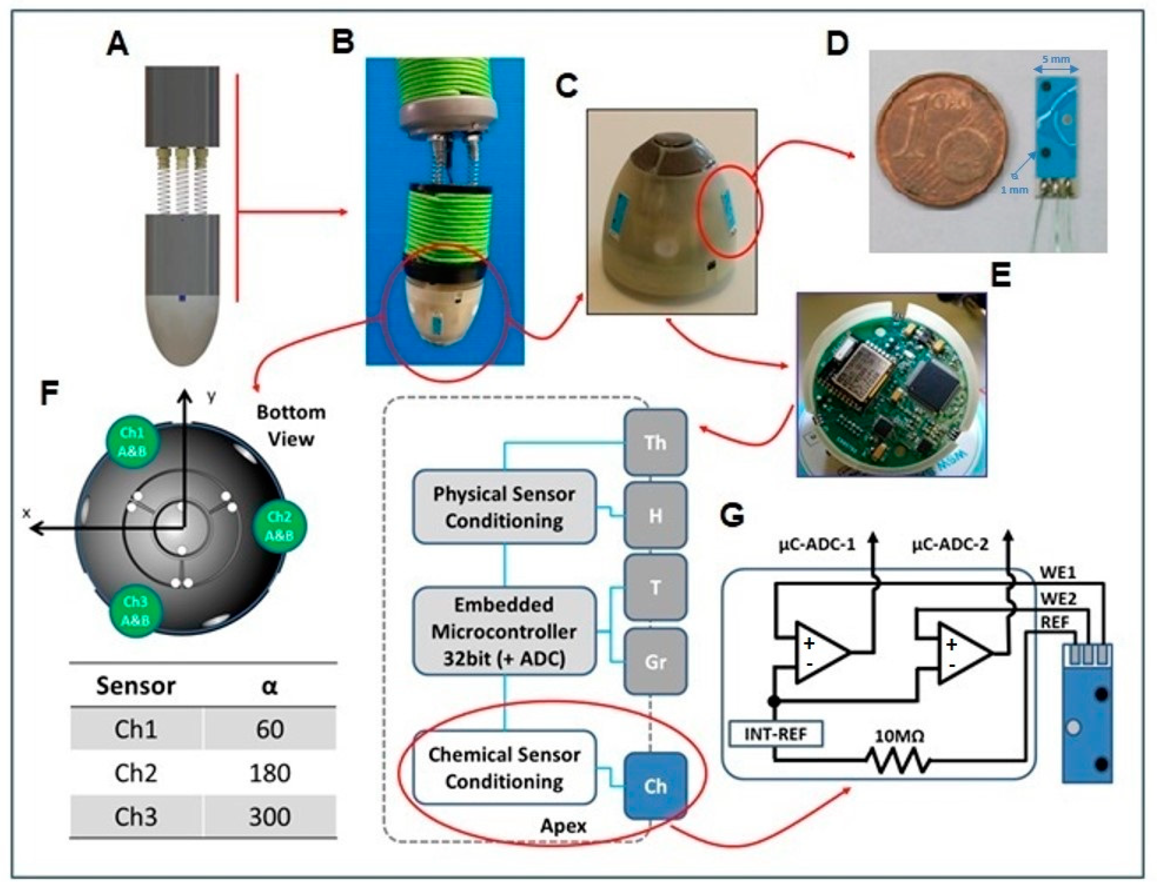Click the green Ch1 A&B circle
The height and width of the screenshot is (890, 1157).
click(x=133, y=441)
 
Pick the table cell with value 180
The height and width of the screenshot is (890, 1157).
click(x=270, y=773)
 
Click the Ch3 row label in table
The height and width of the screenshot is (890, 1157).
click(x=136, y=817)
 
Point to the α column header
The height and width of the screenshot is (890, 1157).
click(x=270, y=686)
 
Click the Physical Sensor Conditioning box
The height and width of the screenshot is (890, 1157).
click(x=504, y=507)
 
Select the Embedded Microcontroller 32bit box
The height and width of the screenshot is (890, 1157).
click(x=504, y=631)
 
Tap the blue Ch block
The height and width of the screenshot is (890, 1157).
click(x=655, y=786)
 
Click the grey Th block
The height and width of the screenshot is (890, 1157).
click(x=655, y=442)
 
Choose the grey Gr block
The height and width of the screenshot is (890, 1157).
click(x=655, y=662)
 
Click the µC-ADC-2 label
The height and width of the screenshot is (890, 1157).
click(x=950, y=545)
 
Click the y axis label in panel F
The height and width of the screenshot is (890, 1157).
click(x=211, y=397)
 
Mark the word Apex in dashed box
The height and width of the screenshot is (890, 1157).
click(x=563, y=826)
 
